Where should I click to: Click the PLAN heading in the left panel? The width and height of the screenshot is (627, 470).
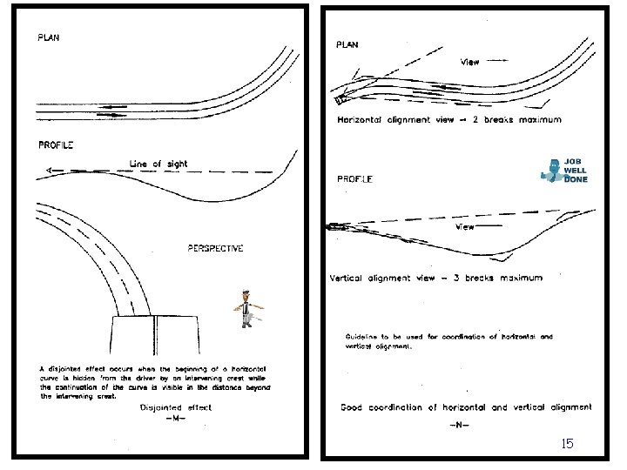(48, 38)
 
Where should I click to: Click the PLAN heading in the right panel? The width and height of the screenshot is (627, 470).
(347, 45)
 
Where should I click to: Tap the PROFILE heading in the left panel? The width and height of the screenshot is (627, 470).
(55, 144)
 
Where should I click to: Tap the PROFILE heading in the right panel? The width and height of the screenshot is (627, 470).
(354, 179)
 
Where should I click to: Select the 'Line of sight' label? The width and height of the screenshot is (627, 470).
(158, 164)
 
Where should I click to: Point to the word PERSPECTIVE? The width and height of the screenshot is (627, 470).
(215, 249)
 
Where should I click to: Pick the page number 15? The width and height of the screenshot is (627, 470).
(567, 444)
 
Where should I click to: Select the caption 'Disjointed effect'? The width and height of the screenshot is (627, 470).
(175, 406)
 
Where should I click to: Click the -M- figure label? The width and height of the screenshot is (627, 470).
(175, 418)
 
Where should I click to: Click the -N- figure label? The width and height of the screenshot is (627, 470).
(460, 425)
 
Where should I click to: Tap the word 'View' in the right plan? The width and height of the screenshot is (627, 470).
(469, 62)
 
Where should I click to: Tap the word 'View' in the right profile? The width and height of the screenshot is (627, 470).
(466, 227)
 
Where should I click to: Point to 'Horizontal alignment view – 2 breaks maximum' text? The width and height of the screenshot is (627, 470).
(449, 119)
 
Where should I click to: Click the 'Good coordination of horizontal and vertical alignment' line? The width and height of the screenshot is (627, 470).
(465, 407)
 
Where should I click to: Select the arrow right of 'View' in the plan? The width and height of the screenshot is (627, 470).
(498, 62)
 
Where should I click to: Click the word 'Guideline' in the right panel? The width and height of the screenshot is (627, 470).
(362, 337)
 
